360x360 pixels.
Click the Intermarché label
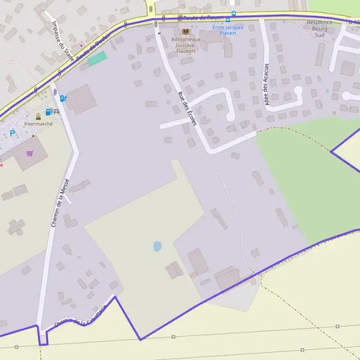[x=38, y=124]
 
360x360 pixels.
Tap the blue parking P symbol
[x=12, y=133]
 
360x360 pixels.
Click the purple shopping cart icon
[x=30, y=153]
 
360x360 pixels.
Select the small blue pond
[x=157, y=246]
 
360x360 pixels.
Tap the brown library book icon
[x=185, y=31]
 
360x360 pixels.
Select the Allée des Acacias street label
[x=266, y=84]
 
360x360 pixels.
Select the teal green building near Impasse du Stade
[x=97, y=58]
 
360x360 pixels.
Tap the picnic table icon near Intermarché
[x=56, y=112]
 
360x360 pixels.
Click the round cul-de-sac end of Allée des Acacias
[x=298, y=90]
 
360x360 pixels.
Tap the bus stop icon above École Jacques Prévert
[x=233, y=13]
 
